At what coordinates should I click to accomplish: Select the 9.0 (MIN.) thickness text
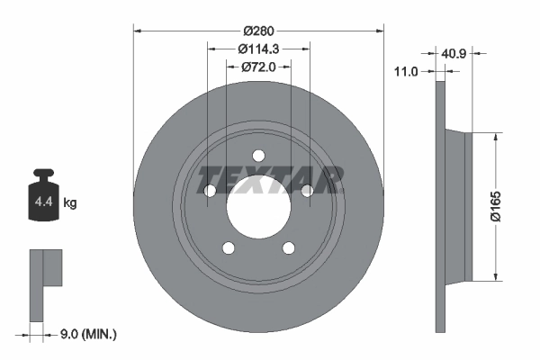click(86, 335)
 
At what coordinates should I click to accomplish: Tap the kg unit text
click(70, 203)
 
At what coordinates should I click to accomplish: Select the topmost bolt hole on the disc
click(258, 154)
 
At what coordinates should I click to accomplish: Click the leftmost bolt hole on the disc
click(210, 190)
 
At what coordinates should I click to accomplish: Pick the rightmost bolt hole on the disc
click(307, 190)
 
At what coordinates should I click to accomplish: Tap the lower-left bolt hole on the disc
click(229, 248)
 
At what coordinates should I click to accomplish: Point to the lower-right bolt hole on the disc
click(288, 248)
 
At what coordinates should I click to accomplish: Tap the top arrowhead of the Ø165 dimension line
click(494, 137)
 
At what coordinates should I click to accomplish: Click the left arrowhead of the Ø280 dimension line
click(138, 30)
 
